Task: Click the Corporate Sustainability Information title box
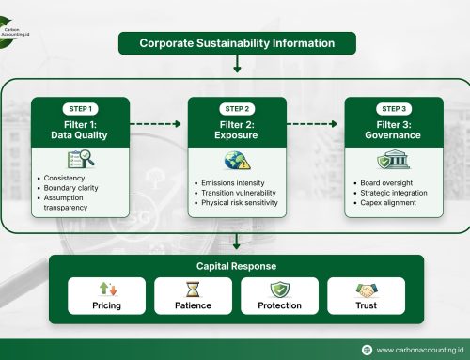click(236, 43)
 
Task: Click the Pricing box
click(106, 296)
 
